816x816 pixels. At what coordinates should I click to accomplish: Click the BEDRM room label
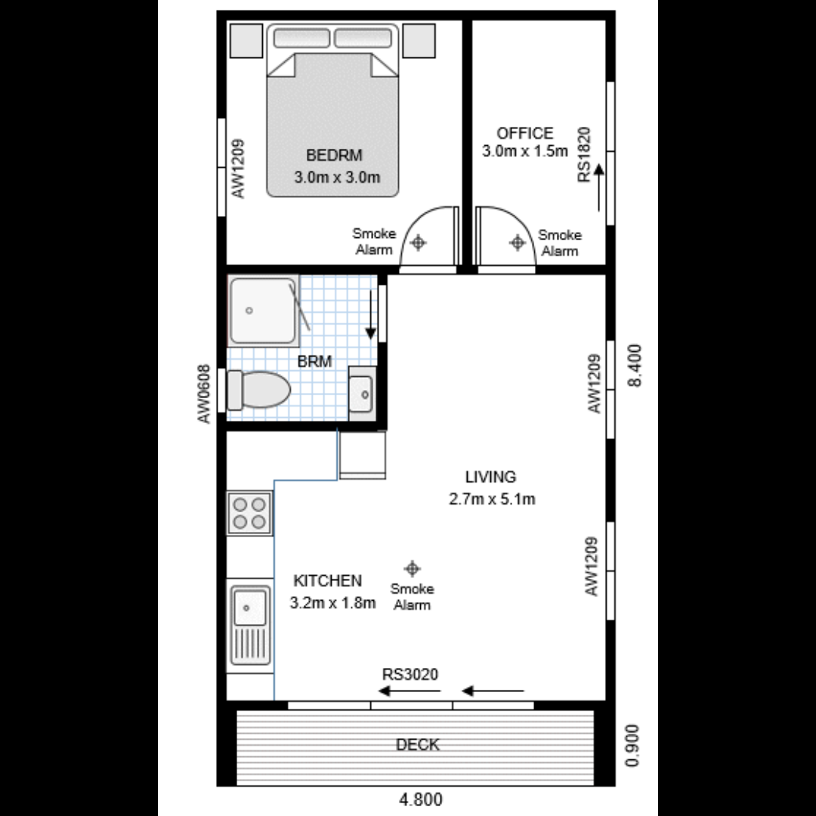[x=334, y=156]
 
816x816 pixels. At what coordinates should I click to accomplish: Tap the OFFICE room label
[x=524, y=133]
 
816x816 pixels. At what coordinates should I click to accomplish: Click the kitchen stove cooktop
[x=249, y=513]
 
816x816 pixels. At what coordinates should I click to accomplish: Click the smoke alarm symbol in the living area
[x=412, y=568]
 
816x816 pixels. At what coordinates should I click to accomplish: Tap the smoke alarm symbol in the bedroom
[x=419, y=243]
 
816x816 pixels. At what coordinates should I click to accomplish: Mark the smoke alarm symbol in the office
[x=518, y=243]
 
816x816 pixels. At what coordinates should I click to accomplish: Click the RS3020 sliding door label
[x=410, y=674]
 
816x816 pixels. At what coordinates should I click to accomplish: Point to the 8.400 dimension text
[x=635, y=366]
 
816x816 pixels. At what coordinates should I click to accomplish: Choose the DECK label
[x=418, y=745]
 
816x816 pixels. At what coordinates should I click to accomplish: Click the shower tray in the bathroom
[x=261, y=311]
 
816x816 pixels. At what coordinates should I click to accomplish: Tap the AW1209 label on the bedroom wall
[x=239, y=168]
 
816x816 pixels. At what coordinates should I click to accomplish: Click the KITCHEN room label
[x=327, y=581]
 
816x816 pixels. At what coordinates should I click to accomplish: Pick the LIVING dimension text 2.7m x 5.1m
[x=491, y=499]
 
